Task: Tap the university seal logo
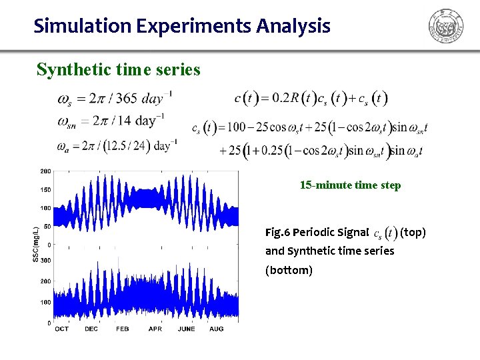pyautogui.click(x=445, y=27)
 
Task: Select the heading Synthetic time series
pyautogui.click(x=118, y=69)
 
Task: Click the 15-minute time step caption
pyautogui.click(x=350, y=185)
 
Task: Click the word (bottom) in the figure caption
pyautogui.click(x=289, y=270)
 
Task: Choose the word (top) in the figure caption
pyautogui.click(x=413, y=233)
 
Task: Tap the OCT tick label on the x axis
pyautogui.click(x=61, y=329)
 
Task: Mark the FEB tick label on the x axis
pyautogui.click(x=123, y=329)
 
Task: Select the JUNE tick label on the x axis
pyautogui.click(x=186, y=329)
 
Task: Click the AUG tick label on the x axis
pyautogui.click(x=216, y=329)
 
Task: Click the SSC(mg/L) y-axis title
pyautogui.click(x=35, y=244)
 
